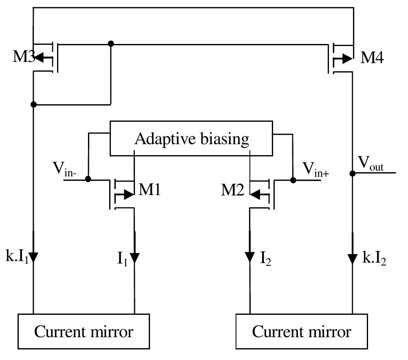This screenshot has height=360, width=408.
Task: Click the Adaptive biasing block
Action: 191,138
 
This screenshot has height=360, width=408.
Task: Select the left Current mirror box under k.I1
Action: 84,331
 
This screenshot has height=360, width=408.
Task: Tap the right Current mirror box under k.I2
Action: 301,331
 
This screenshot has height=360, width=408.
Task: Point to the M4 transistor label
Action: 372,58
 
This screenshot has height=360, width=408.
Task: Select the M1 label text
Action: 150,190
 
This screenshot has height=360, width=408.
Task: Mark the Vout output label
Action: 371,164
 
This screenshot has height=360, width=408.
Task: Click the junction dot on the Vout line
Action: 353,173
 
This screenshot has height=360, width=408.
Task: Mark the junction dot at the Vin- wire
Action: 88,179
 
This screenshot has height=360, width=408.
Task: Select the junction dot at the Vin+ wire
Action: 293,180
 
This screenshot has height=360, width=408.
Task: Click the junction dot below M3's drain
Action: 33,105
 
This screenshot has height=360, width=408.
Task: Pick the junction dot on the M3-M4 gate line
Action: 110,43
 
